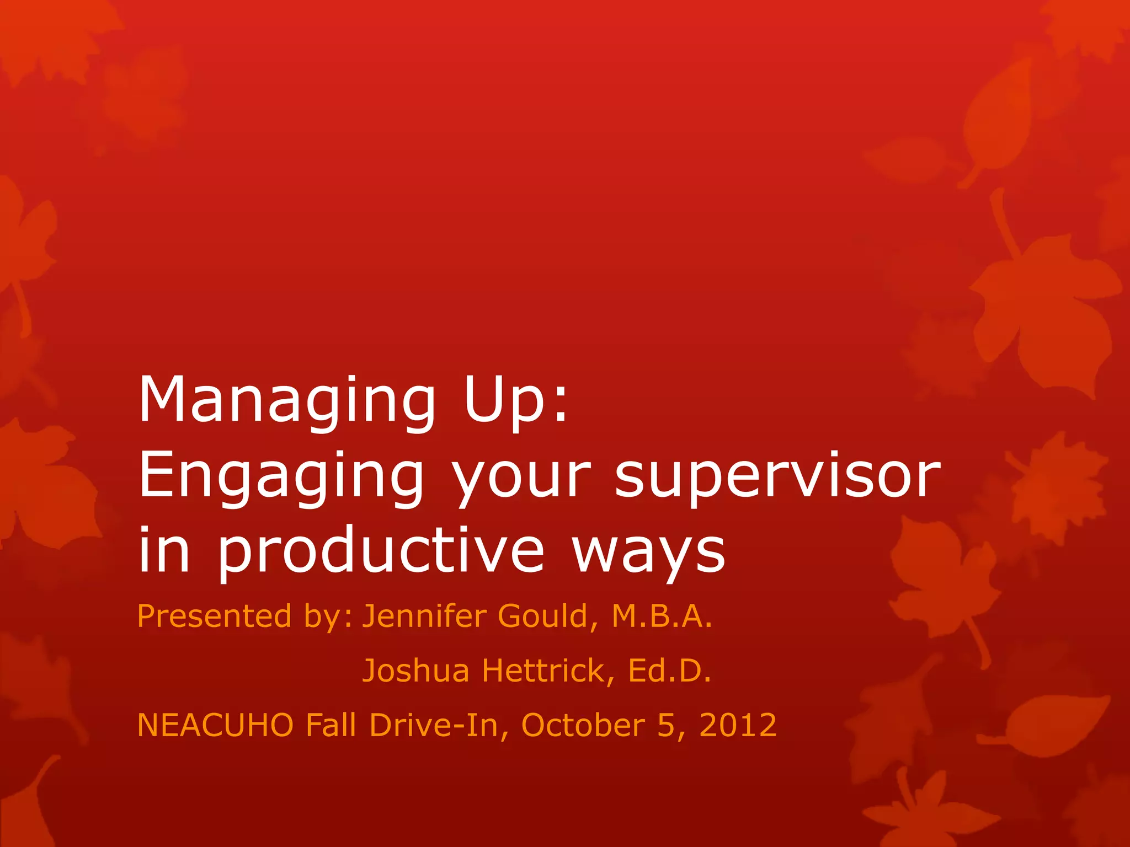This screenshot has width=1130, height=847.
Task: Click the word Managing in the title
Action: click(x=287, y=401)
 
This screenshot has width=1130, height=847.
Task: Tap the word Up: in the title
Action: click(x=515, y=401)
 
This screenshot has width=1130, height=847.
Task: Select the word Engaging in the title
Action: click(x=281, y=478)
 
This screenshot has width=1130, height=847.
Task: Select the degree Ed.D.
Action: click(x=669, y=671)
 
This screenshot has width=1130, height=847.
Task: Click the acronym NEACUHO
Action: click(x=215, y=725)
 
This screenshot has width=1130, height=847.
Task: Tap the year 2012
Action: click(x=738, y=725)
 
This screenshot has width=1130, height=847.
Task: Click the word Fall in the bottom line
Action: click(x=331, y=725)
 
